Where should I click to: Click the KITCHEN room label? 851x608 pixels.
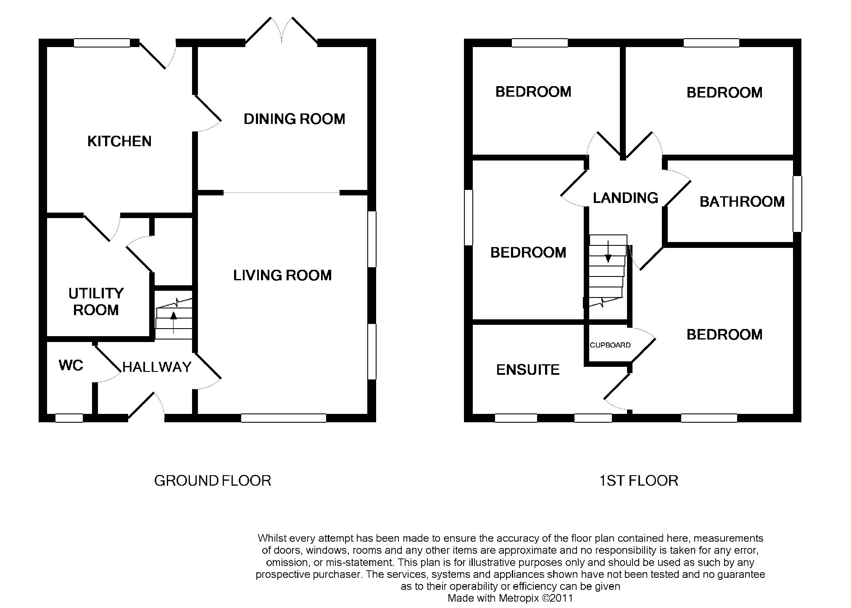(x=119, y=141)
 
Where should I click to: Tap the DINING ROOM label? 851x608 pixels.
(x=294, y=119)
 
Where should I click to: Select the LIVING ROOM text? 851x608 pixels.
(x=282, y=276)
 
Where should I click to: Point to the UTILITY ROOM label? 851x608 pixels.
(x=96, y=302)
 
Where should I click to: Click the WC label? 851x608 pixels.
(x=71, y=366)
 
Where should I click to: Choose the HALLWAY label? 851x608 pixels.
(x=157, y=367)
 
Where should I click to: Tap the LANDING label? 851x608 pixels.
(x=625, y=198)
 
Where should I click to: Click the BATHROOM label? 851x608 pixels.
(x=742, y=202)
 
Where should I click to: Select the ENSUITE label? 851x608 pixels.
(x=528, y=370)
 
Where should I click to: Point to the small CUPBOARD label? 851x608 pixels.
(x=610, y=345)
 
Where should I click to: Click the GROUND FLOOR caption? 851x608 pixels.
(x=213, y=481)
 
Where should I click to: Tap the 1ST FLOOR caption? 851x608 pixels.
(x=639, y=481)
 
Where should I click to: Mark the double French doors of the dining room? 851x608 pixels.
(x=282, y=30)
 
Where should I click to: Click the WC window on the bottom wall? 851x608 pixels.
(x=69, y=418)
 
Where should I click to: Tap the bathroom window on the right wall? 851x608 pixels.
(x=797, y=204)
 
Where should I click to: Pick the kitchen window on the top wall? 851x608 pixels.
(x=102, y=43)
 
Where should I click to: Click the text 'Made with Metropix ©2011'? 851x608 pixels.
(x=510, y=598)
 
